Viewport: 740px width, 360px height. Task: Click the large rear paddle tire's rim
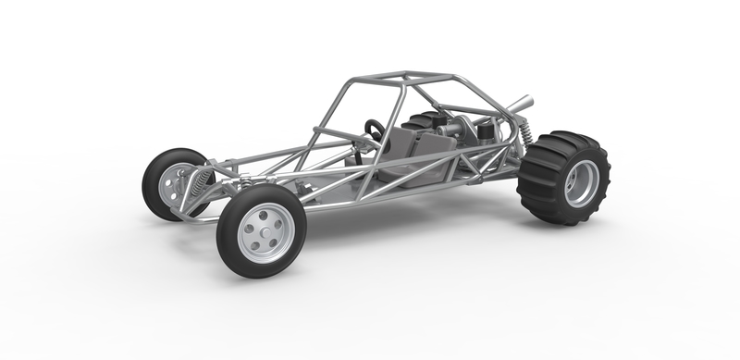pos(581,183)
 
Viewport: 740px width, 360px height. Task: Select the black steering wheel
pos(374,130)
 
